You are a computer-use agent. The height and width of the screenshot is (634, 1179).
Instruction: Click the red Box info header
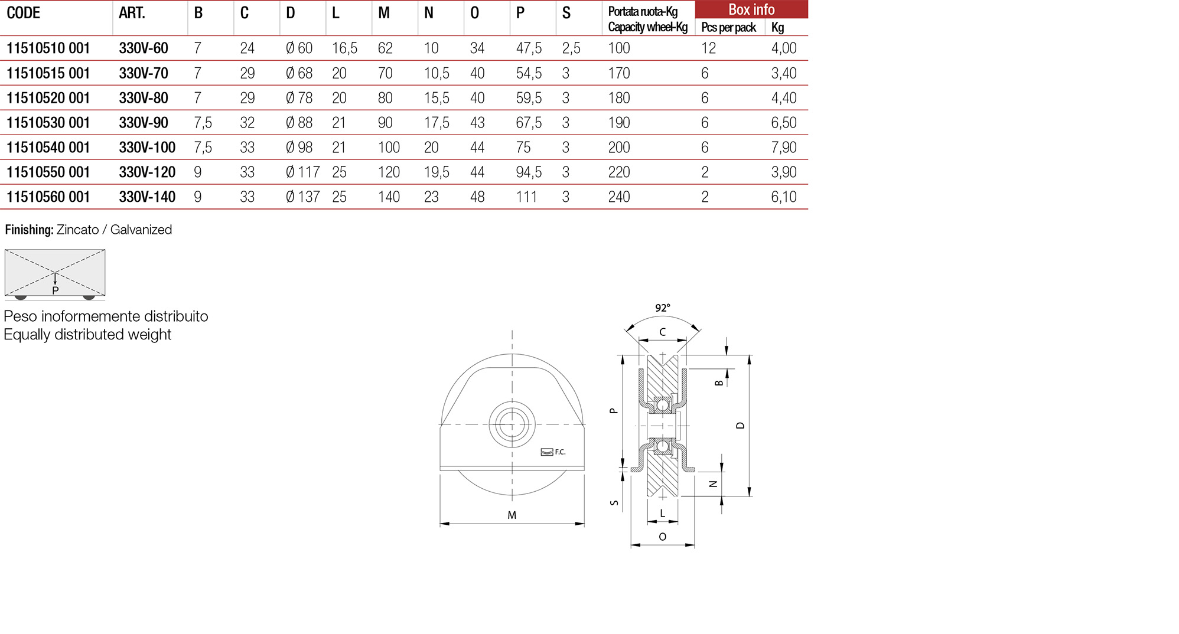pos(751,9)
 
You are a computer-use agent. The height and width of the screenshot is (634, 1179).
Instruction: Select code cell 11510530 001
pos(48,123)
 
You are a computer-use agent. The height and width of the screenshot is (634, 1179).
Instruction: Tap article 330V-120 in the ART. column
pos(147,172)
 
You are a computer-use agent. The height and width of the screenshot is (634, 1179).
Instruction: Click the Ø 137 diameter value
pos(302,197)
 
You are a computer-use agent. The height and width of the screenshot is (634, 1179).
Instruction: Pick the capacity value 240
pos(619,197)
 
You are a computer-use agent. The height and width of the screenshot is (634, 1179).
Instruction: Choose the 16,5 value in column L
pos(344,48)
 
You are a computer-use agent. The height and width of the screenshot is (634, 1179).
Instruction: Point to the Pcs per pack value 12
pos(708,48)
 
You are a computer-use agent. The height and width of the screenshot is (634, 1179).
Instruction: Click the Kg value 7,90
pos(783,148)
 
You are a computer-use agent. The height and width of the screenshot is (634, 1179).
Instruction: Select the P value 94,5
pos(529,172)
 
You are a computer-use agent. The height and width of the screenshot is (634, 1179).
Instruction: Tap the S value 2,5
pos(571,48)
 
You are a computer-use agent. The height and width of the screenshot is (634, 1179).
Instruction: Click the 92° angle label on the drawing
pos(662,308)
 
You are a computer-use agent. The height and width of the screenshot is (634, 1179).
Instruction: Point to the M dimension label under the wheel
pos(512,515)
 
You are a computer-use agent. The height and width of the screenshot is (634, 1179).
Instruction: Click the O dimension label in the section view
pos(662,537)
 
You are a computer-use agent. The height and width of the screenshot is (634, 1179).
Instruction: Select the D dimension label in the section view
pos(741,425)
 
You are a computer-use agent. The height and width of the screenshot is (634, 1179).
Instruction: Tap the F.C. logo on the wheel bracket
pos(553,452)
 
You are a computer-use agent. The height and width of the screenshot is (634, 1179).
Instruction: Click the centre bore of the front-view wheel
pos(512,424)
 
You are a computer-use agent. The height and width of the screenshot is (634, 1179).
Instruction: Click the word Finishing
pos(29,230)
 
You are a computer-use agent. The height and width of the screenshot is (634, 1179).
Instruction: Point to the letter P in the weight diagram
pos(56,290)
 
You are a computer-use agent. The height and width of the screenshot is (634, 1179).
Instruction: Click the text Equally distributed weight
pos(87,335)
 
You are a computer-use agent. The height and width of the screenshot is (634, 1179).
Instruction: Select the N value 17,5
pos(437,123)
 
